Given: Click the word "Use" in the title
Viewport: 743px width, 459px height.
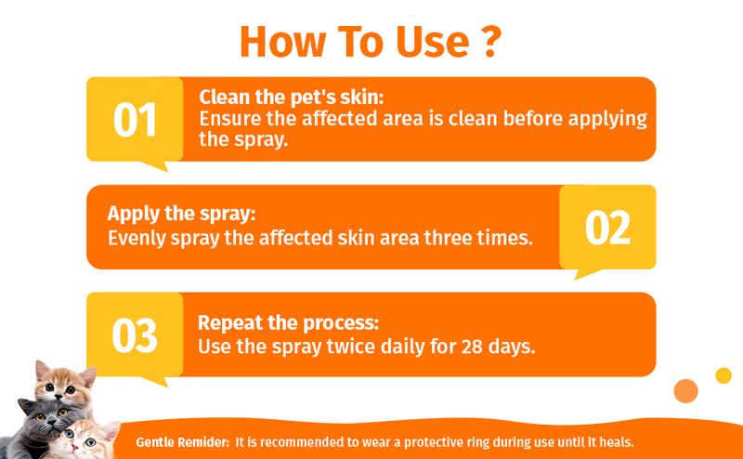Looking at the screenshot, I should [436, 43].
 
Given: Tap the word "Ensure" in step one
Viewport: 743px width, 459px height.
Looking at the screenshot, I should [232, 118].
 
